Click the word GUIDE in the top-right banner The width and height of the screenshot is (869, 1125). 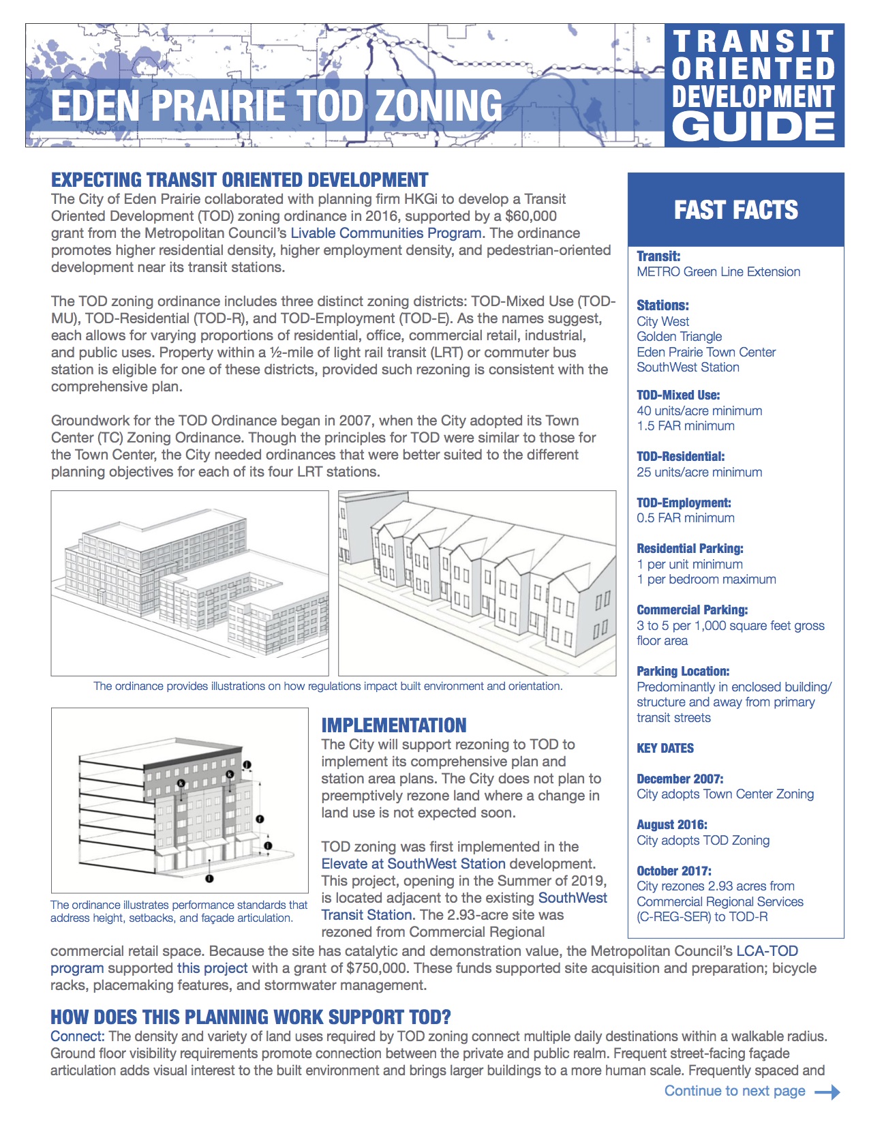754,127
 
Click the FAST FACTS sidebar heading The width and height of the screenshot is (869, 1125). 735,210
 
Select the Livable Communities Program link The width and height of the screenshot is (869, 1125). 386,233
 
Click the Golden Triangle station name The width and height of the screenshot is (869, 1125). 679,337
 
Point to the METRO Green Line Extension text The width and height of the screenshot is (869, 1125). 718,272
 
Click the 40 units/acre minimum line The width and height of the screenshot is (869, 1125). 699,411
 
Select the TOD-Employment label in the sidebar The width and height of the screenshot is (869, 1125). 684,503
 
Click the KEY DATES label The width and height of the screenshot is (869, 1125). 665,749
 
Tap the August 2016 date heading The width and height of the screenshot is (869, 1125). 672,825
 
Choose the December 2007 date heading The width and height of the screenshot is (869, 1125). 680,779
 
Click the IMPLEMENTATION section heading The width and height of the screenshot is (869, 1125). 394,725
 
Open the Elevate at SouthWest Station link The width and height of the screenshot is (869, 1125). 413,864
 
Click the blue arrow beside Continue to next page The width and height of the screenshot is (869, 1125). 827,1092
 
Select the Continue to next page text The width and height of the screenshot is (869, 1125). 735,1091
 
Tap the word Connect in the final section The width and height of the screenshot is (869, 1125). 77,1036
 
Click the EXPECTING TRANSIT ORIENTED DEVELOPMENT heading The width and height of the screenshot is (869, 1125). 240,180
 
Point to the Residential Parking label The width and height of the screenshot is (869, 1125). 690,549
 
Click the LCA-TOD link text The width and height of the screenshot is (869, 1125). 767,951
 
